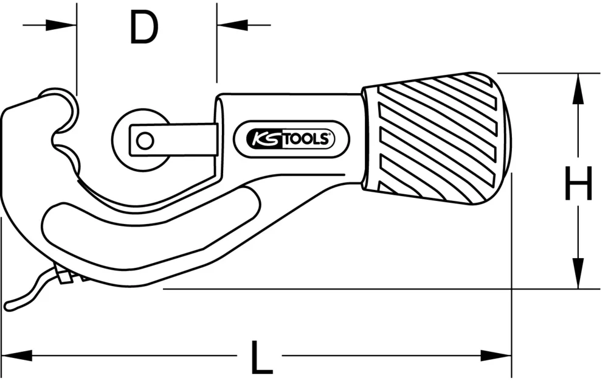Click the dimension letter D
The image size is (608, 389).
coord(144,27)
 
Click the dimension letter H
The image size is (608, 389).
coord(578,184)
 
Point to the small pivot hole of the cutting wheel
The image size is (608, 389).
coord(144,140)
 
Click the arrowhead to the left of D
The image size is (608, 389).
coord(66,25)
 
